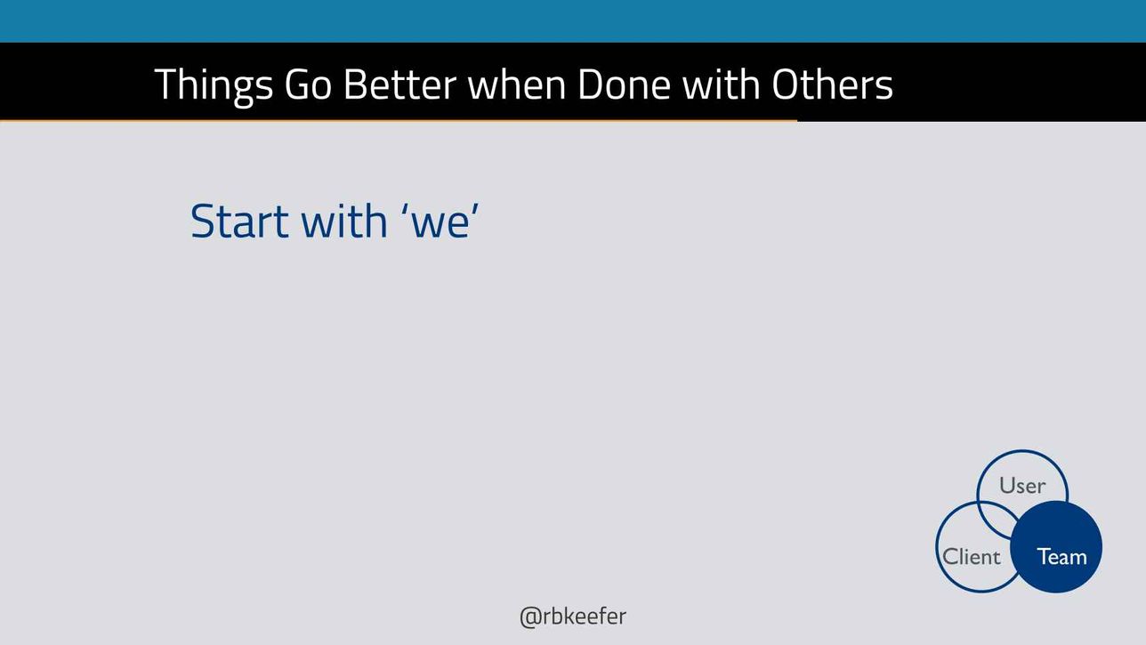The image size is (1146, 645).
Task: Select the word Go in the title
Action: [308, 85]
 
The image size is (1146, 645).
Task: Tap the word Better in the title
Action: [399, 85]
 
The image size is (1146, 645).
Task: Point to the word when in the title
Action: [517, 85]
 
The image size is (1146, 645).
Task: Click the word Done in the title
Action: [624, 85]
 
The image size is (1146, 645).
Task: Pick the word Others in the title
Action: [833, 85]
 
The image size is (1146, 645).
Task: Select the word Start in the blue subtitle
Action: [239, 222]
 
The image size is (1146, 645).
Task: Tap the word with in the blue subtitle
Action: [344, 222]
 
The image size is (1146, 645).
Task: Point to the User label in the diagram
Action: [1022, 486]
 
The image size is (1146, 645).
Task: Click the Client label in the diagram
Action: [971, 557]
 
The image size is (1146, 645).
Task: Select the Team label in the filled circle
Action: [1061, 557]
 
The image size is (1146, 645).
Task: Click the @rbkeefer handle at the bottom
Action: [572, 617]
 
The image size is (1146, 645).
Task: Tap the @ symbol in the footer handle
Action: [530, 618]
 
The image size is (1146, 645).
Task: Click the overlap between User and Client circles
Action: [994, 520]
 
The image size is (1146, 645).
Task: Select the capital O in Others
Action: [787, 85]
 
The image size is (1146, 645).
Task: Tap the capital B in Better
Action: [356, 85]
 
